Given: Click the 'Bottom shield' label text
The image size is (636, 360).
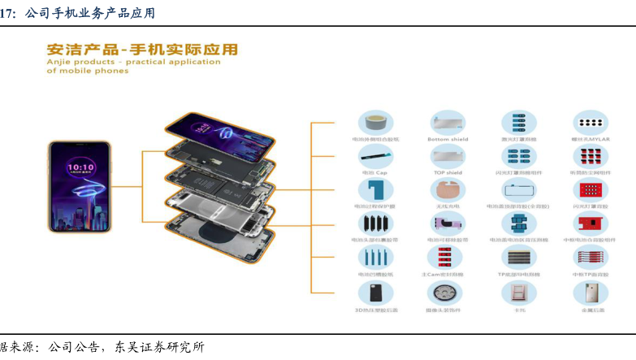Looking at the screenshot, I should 448,140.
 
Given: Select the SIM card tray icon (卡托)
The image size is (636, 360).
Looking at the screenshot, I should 519,293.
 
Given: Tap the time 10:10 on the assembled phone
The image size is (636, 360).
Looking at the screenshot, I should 80,167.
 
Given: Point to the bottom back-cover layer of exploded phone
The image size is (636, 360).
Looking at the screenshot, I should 223,240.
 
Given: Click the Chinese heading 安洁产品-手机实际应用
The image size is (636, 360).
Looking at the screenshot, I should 142,50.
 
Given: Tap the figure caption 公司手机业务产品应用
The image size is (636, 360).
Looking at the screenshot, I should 89,13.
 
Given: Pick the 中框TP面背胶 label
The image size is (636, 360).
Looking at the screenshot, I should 591,275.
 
